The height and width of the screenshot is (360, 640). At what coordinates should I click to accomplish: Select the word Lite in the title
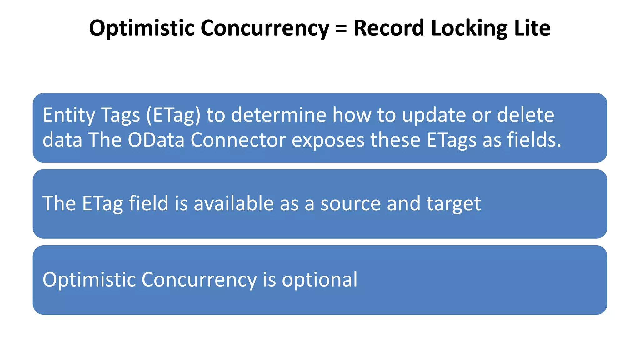(532, 28)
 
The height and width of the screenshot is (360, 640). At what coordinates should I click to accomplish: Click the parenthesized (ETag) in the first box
(173, 115)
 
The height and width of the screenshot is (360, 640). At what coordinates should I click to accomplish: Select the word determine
(279, 115)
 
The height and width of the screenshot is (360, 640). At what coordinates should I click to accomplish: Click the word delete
(525, 115)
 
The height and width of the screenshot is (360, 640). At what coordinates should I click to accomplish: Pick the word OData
(156, 140)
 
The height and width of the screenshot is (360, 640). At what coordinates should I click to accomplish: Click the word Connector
(238, 140)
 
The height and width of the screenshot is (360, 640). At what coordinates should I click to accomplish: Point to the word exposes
(328, 140)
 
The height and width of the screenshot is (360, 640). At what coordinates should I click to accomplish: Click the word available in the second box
(234, 203)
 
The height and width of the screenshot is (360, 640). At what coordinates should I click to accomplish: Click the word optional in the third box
(319, 280)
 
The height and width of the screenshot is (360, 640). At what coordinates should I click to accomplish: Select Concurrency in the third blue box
(199, 280)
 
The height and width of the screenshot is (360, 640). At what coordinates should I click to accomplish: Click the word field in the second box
(149, 203)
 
